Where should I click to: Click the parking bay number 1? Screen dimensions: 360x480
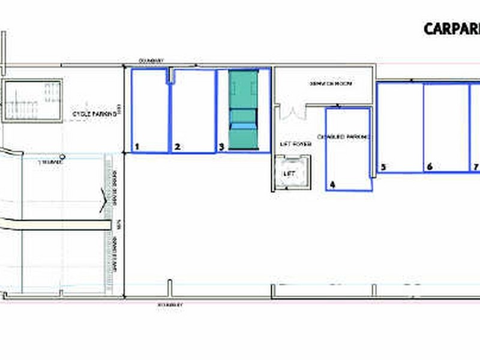tap(137, 146)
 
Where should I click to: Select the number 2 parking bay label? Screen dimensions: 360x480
tap(177, 146)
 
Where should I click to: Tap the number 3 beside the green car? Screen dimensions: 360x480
tap(221, 146)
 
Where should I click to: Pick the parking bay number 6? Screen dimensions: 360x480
tap(429, 167)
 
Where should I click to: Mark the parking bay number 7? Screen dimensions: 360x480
tap(475, 167)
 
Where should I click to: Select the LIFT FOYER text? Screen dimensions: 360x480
tap(296, 144)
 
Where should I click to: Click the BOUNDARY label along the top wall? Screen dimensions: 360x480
tap(151, 61)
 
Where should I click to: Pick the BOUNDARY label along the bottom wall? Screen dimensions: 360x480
tap(170, 305)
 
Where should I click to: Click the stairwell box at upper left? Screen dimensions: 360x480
tap(33, 100)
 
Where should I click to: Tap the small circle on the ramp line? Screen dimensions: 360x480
tap(62, 157)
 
